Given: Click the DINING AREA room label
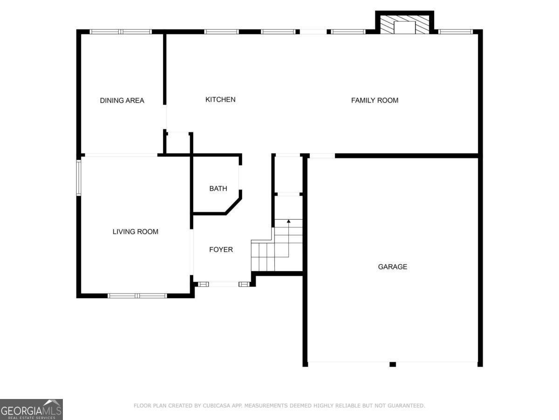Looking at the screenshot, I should [x=122, y=100].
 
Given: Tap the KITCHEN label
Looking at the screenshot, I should [x=220, y=99].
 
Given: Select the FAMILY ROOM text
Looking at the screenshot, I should [x=375, y=100].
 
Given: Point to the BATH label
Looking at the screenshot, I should [x=218, y=189].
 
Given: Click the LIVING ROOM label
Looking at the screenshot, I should [x=135, y=231].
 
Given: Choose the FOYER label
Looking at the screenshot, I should [x=221, y=250].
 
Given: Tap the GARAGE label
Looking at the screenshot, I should [x=392, y=267].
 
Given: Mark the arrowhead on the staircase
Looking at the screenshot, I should [x=289, y=221].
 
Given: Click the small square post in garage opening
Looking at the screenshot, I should [x=392, y=364].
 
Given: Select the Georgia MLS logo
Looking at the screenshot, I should [x=31, y=409].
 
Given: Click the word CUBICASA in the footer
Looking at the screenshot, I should [x=216, y=406].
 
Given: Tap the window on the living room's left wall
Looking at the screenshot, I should [x=79, y=177].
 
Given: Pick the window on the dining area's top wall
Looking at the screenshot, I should [x=121, y=32].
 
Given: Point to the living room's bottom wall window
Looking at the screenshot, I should [x=137, y=295].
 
